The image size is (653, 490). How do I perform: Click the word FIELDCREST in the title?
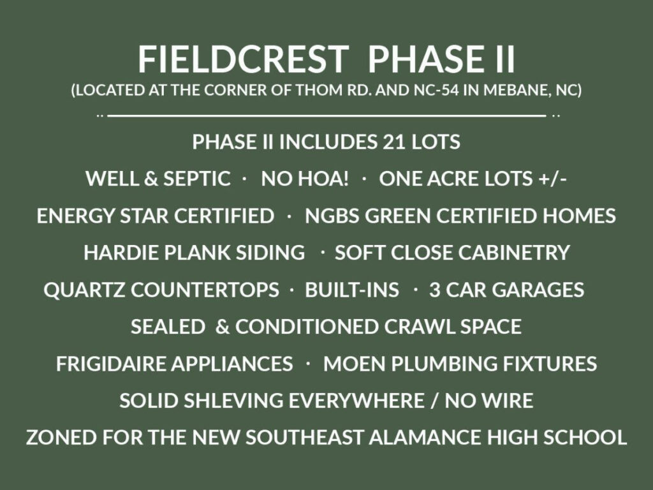[243, 59]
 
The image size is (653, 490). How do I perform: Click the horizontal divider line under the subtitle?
[326, 115]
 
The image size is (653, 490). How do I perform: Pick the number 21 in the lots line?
[393, 142]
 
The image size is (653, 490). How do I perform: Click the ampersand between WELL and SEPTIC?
[150, 179]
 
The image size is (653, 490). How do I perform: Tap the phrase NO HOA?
[304, 179]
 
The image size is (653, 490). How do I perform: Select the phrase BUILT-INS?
[352, 290]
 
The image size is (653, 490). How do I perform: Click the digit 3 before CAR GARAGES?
[435, 290]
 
